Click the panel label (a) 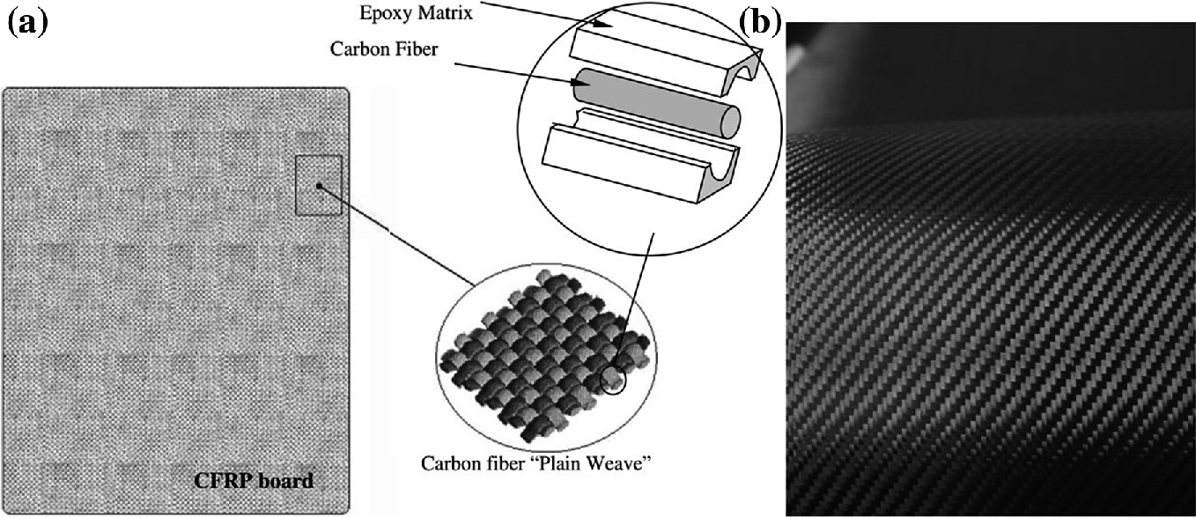pos(26,22)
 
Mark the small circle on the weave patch pos(612,379)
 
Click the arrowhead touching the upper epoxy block pos(607,29)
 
